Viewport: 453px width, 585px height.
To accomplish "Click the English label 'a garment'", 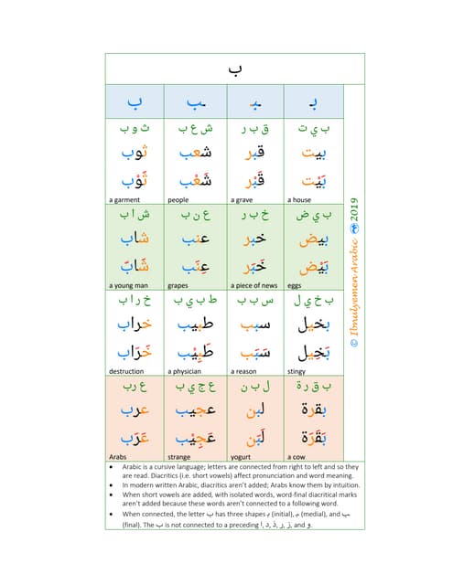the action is click(124, 199).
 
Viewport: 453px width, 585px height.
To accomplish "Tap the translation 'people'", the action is click(178, 199).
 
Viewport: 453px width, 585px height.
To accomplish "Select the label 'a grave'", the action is click(242, 199).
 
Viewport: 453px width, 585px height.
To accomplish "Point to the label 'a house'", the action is click(301, 199).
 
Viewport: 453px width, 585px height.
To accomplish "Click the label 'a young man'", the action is click(129, 285).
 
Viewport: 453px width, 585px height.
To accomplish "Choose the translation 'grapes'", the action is click(178, 285).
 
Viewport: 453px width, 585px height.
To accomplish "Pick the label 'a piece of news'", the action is click(253, 285).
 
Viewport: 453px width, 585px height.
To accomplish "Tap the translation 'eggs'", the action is click(296, 285).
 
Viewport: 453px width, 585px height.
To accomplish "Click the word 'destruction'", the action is click(126, 371).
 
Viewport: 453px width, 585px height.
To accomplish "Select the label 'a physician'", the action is click(185, 371).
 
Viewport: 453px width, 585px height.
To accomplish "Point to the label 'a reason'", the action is click(243, 371).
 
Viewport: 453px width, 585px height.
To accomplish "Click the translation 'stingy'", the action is click(297, 371).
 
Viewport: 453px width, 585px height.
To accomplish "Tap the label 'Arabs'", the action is click(118, 456).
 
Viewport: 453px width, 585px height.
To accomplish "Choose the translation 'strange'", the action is click(179, 456).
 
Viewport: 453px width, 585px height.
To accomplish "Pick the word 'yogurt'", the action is click(241, 456).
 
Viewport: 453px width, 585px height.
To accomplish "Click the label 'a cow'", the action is click(297, 456).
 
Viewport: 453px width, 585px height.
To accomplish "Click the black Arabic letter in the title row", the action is click(234, 68).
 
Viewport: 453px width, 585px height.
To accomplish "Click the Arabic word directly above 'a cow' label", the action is click(314, 435).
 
